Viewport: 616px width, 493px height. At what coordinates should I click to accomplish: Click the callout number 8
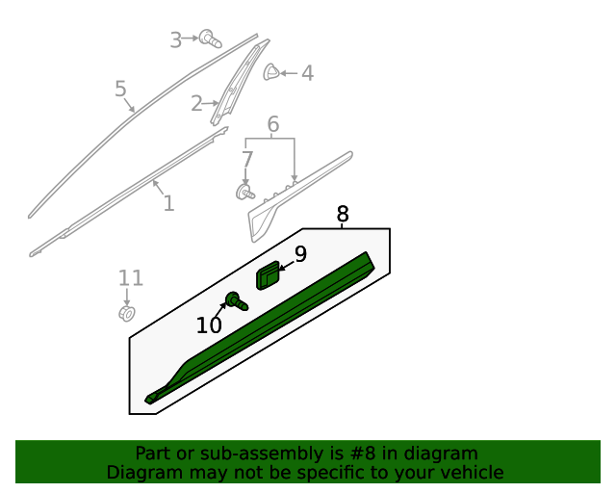pyautogui.click(x=343, y=214)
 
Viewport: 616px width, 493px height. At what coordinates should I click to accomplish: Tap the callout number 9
pyautogui.click(x=300, y=254)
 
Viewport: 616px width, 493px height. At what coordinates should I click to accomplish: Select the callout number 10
pyautogui.click(x=209, y=325)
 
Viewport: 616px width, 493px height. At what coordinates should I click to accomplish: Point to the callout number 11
pyautogui.click(x=131, y=278)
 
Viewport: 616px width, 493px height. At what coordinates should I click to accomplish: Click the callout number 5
pyautogui.click(x=120, y=90)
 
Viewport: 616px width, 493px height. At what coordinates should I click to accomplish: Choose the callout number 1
pyautogui.click(x=168, y=203)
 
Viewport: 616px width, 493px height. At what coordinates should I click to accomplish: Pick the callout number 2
pyautogui.click(x=196, y=103)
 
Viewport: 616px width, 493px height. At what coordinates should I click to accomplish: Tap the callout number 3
pyautogui.click(x=176, y=39)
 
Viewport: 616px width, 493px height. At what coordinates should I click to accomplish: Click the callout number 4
pyautogui.click(x=307, y=72)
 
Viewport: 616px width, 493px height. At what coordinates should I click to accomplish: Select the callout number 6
pyautogui.click(x=272, y=124)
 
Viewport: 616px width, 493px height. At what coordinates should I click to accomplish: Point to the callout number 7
pyautogui.click(x=247, y=159)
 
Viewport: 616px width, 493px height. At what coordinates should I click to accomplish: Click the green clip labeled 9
pyautogui.click(x=268, y=275)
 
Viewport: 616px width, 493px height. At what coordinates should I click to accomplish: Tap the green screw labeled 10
pyautogui.click(x=236, y=301)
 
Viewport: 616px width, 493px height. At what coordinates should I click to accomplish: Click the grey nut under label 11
pyautogui.click(x=126, y=313)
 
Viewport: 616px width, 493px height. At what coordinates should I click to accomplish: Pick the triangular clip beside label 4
pyautogui.click(x=272, y=71)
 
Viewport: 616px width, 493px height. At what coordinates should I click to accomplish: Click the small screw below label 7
pyautogui.click(x=245, y=192)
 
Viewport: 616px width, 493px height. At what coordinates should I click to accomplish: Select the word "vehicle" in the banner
pyautogui.click(x=471, y=473)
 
